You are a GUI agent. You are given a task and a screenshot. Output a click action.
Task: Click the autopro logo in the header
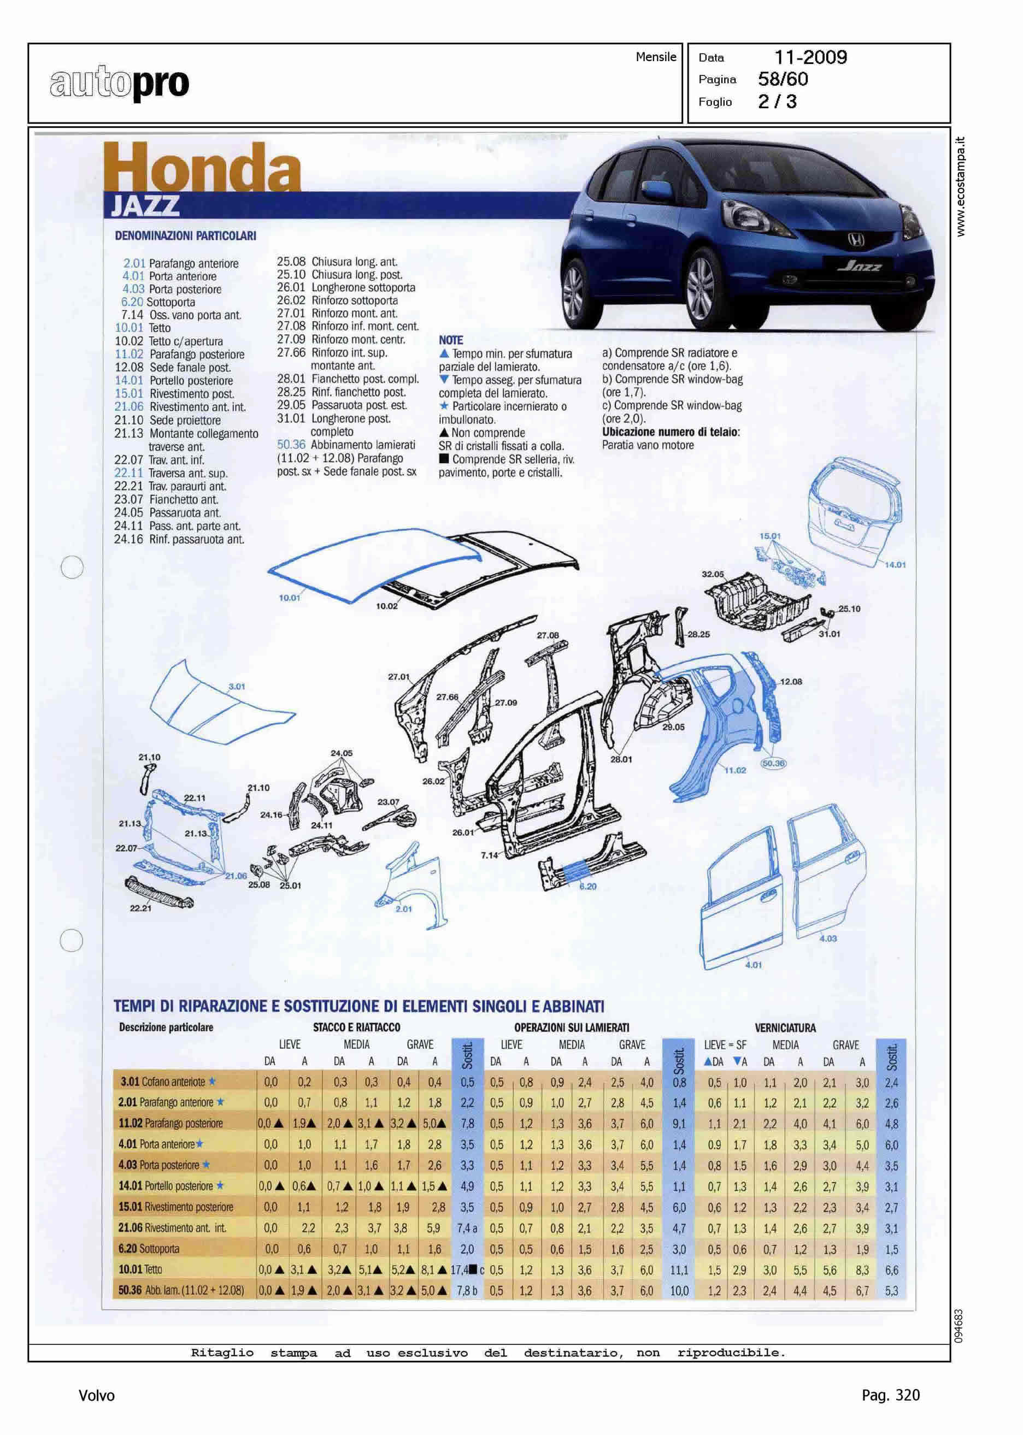[120, 83]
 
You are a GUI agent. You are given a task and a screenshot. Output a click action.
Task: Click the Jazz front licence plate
[860, 265]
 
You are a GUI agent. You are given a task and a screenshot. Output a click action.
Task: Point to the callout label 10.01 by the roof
[289, 597]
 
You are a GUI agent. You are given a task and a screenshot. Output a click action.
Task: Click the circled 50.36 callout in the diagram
[774, 763]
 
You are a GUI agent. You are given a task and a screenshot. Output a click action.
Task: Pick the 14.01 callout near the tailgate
[895, 564]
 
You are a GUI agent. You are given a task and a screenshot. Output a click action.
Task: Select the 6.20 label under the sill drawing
[587, 886]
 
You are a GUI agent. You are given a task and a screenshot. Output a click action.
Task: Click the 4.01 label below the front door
[754, 964]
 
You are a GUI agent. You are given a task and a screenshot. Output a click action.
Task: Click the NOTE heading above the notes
[451, 339]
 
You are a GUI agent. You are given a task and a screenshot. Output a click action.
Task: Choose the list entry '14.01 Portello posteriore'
[174, 380]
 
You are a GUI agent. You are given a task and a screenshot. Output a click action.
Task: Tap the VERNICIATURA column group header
[785, 1027]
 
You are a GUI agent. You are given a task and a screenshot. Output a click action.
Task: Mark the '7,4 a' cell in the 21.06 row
[467, 1228]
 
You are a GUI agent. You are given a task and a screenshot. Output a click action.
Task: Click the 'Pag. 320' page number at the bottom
[890, 1395]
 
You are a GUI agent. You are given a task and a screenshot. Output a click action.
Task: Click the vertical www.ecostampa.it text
[960, 187]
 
